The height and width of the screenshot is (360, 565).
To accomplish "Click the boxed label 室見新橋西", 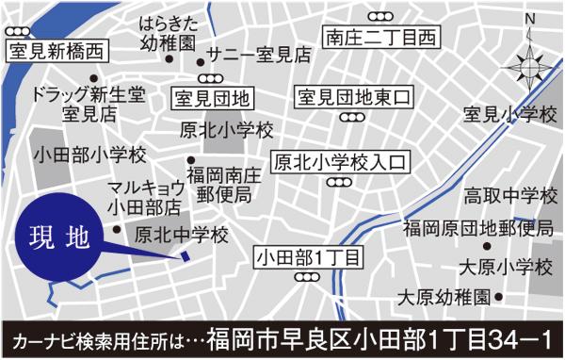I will (55, 52).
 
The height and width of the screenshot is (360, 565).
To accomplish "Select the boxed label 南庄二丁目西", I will (381, 39).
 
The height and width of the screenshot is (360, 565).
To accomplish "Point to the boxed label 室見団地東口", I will (354, 97).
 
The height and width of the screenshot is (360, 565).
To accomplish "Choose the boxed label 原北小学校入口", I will (338, 162).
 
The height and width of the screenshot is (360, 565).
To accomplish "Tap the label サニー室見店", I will (259, 54).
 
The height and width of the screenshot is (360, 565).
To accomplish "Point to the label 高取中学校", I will (510, 197).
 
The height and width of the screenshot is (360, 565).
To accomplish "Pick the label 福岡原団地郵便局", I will (477, 227).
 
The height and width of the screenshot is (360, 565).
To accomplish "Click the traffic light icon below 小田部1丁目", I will (307, 277).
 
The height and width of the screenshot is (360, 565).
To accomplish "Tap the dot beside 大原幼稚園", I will (499, 297).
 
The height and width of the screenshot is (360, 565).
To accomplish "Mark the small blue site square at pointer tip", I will (186, 256).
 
